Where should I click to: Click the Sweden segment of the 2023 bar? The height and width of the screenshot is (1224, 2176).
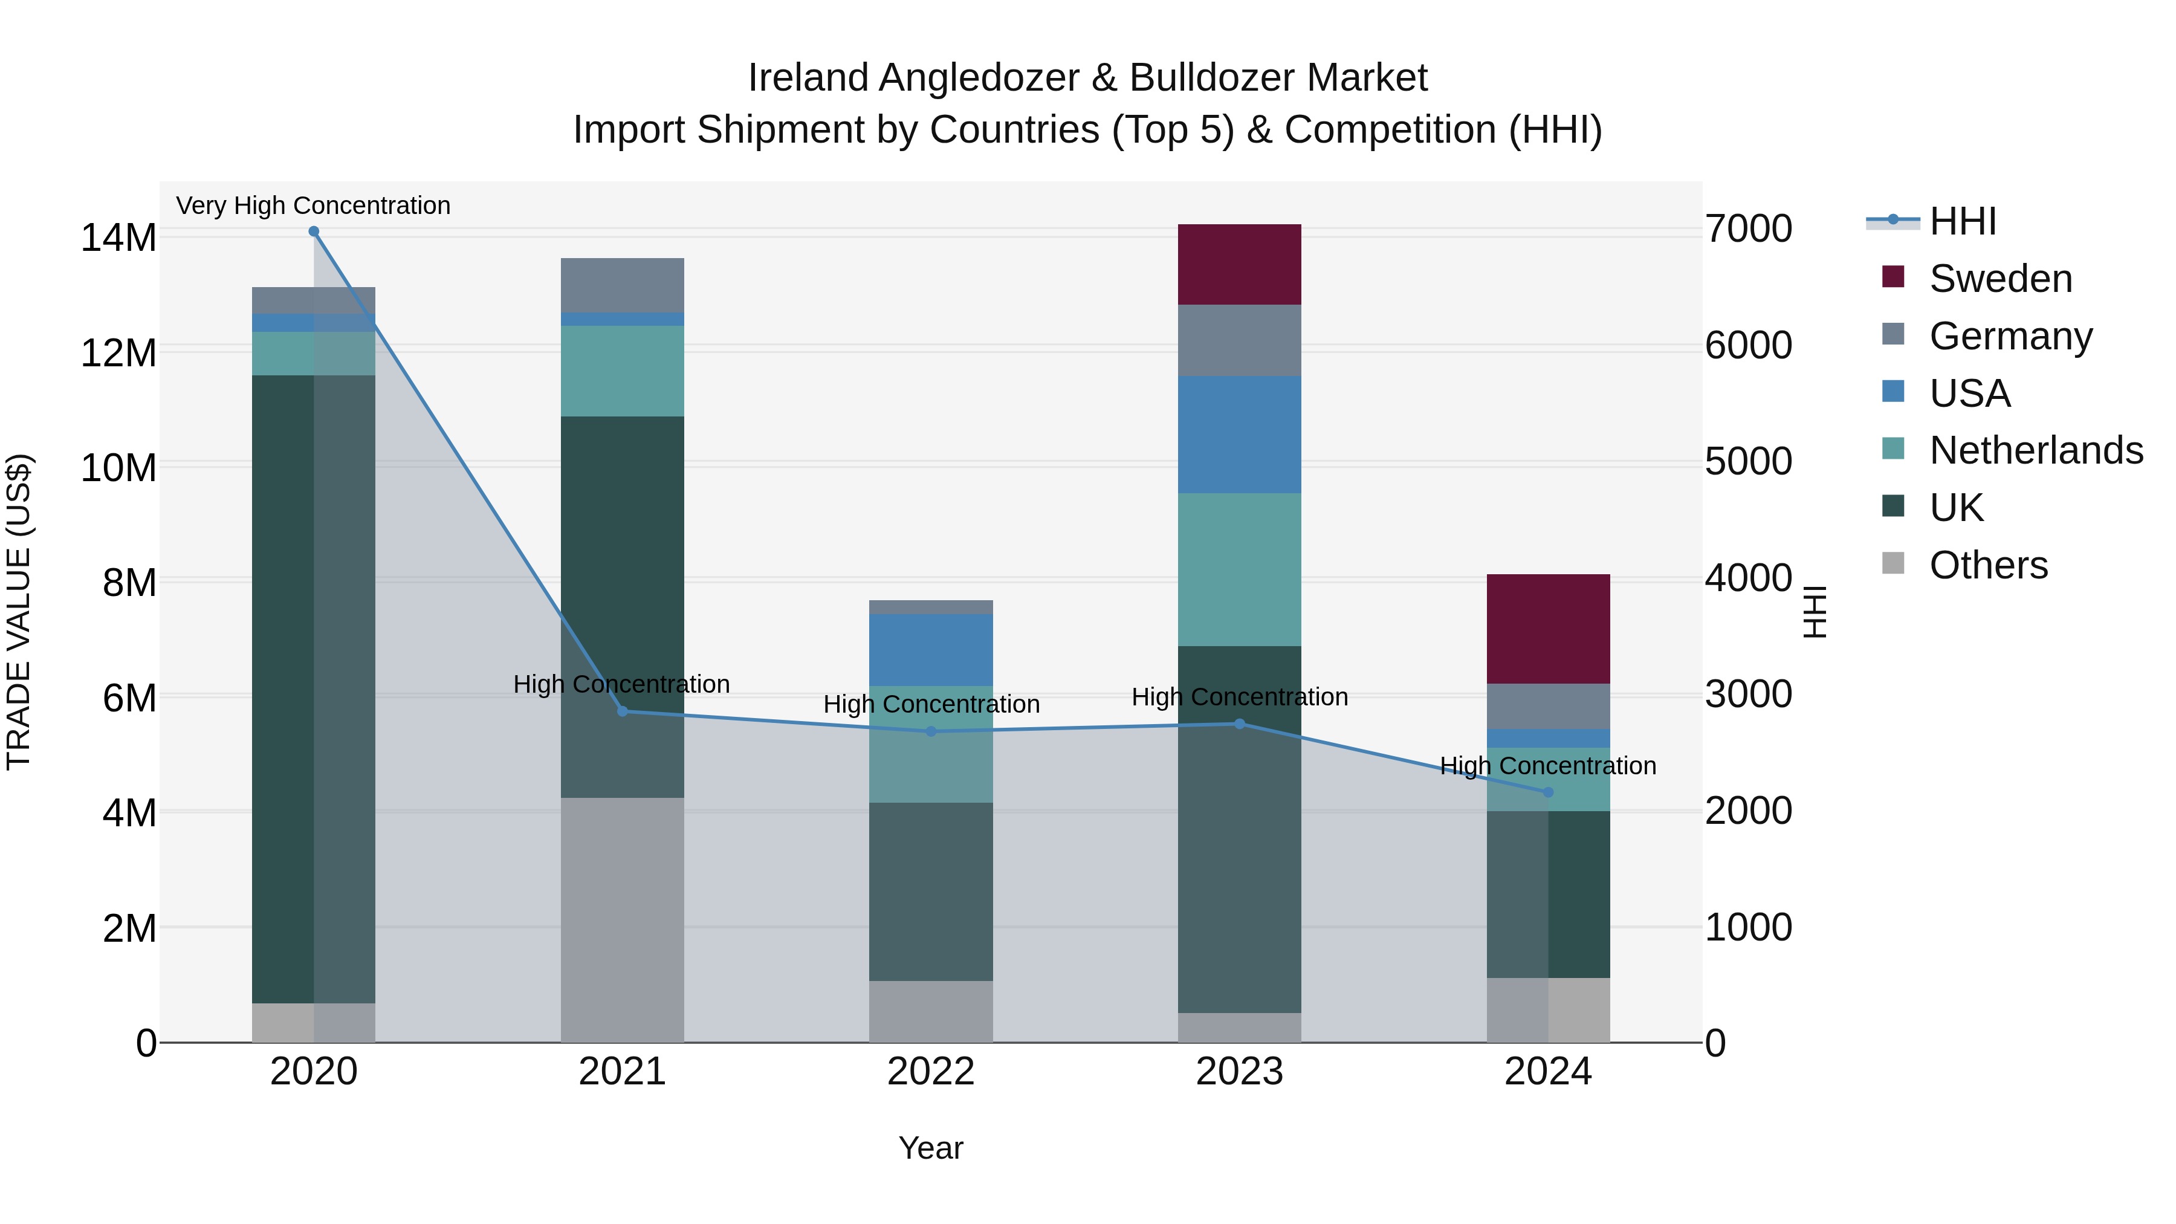tap(1239, 264)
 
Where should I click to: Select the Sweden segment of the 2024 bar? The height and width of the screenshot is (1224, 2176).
tap(1547, 629)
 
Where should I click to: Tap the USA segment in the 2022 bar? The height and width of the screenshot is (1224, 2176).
tap(931, 650)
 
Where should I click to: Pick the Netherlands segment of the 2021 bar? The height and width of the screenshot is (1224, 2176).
tap(623, 371)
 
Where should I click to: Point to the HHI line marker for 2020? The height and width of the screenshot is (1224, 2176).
tap(313, 232)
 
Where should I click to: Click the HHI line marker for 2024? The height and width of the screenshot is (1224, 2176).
tap(1547, 792)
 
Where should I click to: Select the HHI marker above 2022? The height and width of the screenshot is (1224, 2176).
tap(931, 731)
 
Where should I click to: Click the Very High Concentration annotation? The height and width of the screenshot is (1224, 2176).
tap(313, 206)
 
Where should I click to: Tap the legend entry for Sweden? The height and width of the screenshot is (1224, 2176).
tap(2000, 279)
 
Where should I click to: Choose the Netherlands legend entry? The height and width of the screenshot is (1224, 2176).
tap(2036, 450)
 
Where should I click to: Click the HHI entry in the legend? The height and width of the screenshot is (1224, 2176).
tap(1962, 221)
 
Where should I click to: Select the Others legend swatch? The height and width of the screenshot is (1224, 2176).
tap(1893, 563)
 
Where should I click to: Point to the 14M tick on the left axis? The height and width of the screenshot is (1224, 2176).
tap(118, 238)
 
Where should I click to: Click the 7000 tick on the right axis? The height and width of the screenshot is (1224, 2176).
tap(1747, 229)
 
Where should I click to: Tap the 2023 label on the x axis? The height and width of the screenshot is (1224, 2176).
tap(1239, 1072)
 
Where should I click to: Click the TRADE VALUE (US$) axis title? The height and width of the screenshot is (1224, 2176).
tap(19, 612)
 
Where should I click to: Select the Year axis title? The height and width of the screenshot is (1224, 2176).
tap(931, 1148)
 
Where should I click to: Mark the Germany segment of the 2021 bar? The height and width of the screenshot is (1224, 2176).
tap(623, 285)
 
